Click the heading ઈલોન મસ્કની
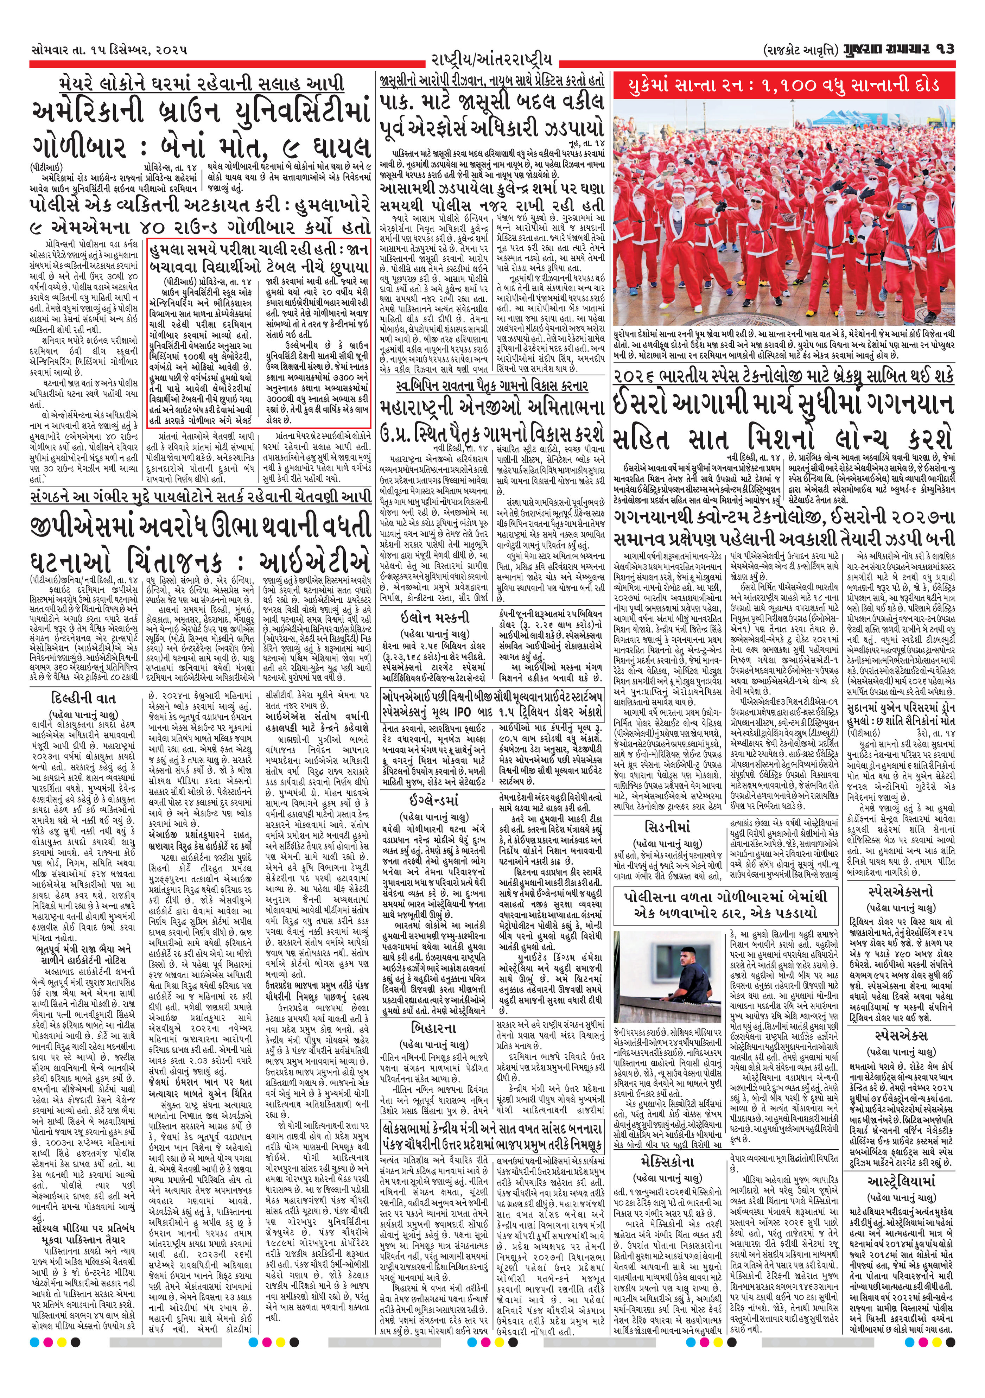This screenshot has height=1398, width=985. coord(435,616)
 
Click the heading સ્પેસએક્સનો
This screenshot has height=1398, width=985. coord(901,892)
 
